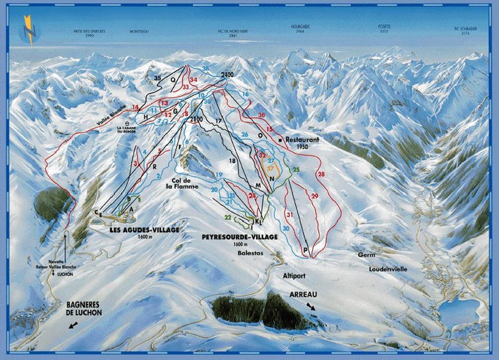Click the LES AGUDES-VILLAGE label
pos(145,230)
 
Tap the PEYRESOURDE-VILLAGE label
pos(240,237)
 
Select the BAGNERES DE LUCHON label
pos(84,309)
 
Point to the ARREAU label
pos(303,295)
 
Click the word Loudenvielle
pos(388,269)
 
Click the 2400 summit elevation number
pos(227,75)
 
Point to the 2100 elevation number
pos(196,119)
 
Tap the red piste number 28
pos(321,174)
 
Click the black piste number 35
pos(158,78)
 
